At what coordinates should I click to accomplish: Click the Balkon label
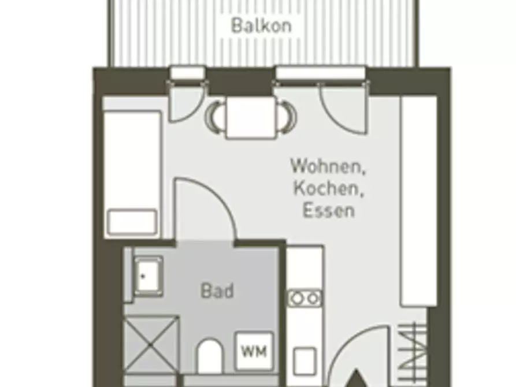click(262, 25)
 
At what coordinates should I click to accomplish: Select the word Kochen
click(328, 188)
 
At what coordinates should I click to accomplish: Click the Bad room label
click(217, 291)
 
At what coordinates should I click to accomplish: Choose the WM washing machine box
click(254, 351)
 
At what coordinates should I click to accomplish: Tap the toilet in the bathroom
click(209, 356)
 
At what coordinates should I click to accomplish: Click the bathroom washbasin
click(148, 277)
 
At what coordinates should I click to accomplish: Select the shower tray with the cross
click(151, 345)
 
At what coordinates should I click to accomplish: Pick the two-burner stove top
click(305, 298)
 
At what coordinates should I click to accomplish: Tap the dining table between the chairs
click(251, 117)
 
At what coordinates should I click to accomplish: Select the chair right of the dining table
click(287, 117)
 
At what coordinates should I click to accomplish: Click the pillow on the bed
click(132, 222)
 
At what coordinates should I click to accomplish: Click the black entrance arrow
click(355, 378)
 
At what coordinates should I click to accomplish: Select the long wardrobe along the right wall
click(418, 201)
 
